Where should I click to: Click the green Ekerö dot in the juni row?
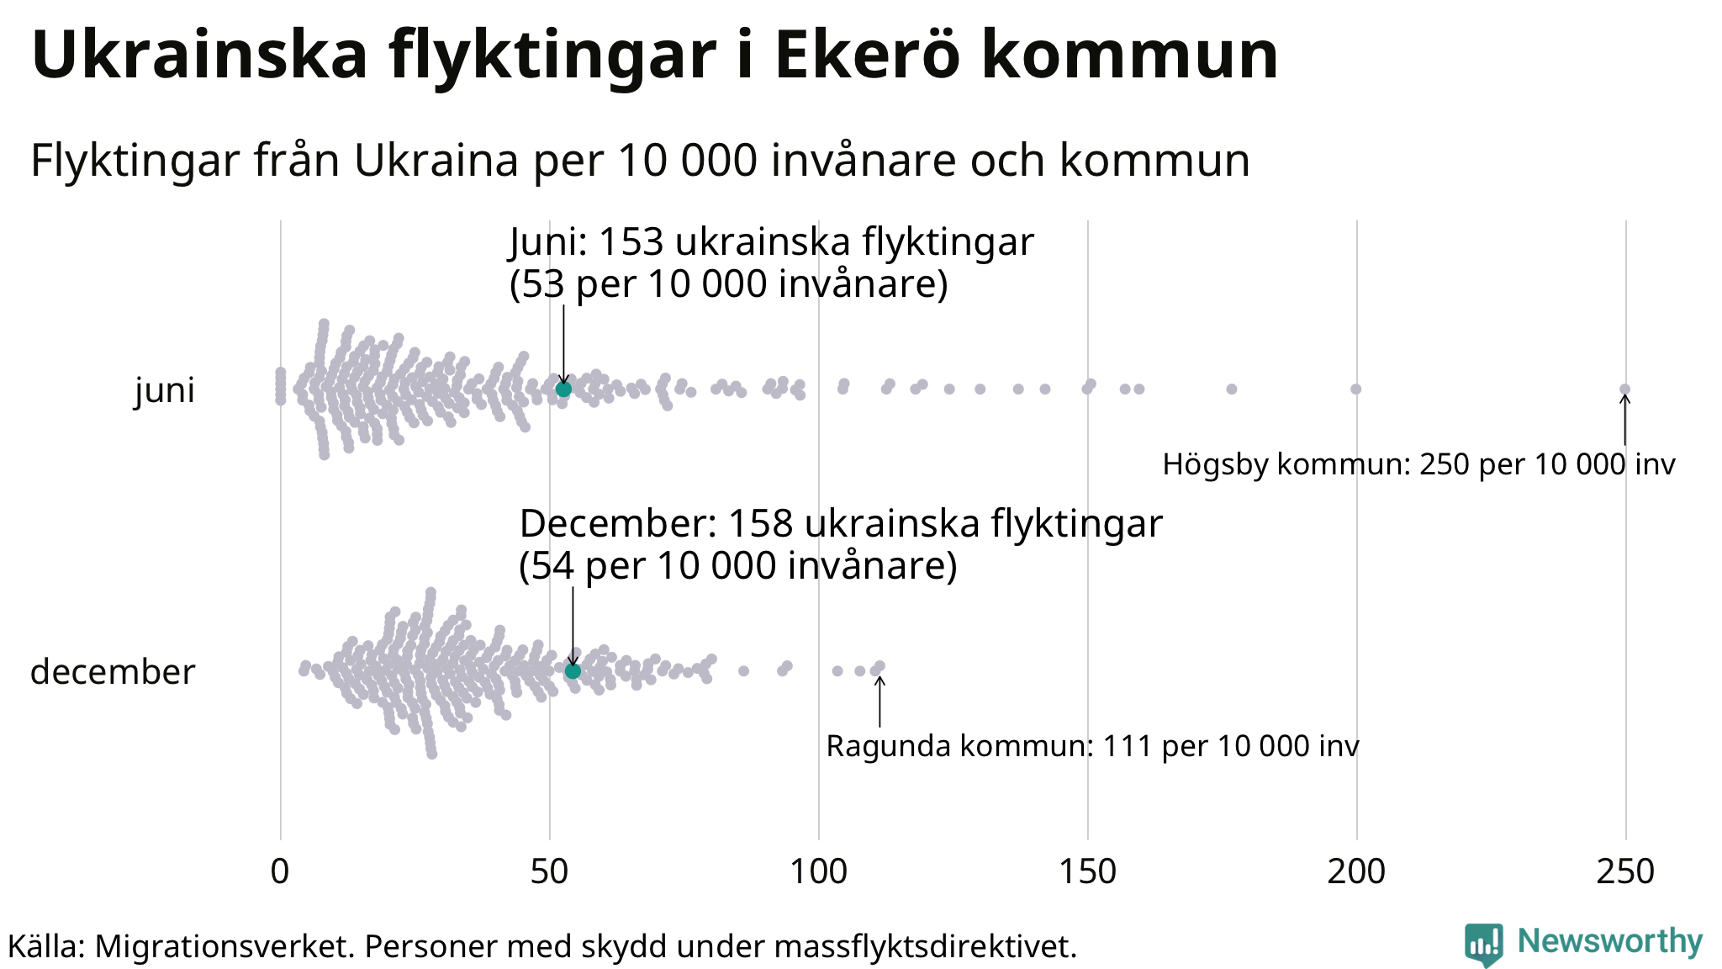(x=563, y=389)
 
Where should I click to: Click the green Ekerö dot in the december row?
(x=573, y=670)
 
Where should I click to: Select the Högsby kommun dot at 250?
(x=1624, y=389)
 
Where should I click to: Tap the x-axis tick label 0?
(x=280, y=872)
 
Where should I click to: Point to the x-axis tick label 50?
(x=549, y=872)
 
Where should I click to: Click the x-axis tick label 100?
(x=818, y=872)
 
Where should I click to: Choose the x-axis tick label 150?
(x=1087, y=872)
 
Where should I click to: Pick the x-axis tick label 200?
(x=1356, y=872)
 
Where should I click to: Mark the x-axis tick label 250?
(x=1625, y=872)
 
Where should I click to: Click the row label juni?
(x=165, y=390)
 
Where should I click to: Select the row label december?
(x=113, y=672)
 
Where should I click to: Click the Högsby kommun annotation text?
(x=1418, y=464)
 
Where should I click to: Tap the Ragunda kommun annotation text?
(x=1092, y=746)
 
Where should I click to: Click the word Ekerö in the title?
(x=867, y=56)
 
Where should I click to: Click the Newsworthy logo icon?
(x=1483, y=945)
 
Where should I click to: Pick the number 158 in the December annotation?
(x=760, y=524)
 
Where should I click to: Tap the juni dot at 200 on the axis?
(x=1355, y=389)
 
